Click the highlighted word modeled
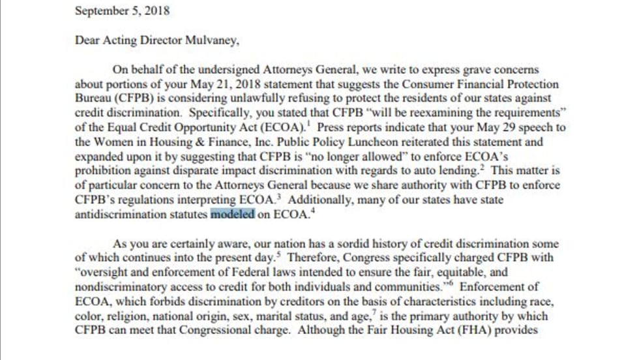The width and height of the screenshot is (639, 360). [x=233, y=213]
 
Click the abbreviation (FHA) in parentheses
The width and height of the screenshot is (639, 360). [x=485, y=330]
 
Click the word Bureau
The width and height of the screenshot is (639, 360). [x=93, y=98]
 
